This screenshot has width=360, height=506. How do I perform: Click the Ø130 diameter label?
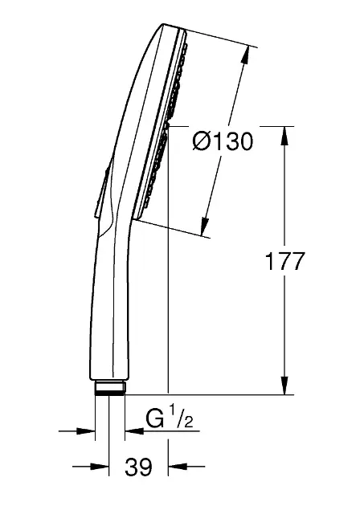point(223,141)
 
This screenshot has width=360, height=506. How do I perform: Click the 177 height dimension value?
point(284,261)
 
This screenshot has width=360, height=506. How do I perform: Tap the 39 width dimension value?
point(138,467)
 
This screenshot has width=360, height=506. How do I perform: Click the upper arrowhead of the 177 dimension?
point(284,136)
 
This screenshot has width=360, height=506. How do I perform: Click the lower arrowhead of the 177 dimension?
point(284,385)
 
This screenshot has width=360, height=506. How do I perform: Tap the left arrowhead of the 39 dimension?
point(100,467)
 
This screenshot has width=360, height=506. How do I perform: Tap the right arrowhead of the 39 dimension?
point(178,467)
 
